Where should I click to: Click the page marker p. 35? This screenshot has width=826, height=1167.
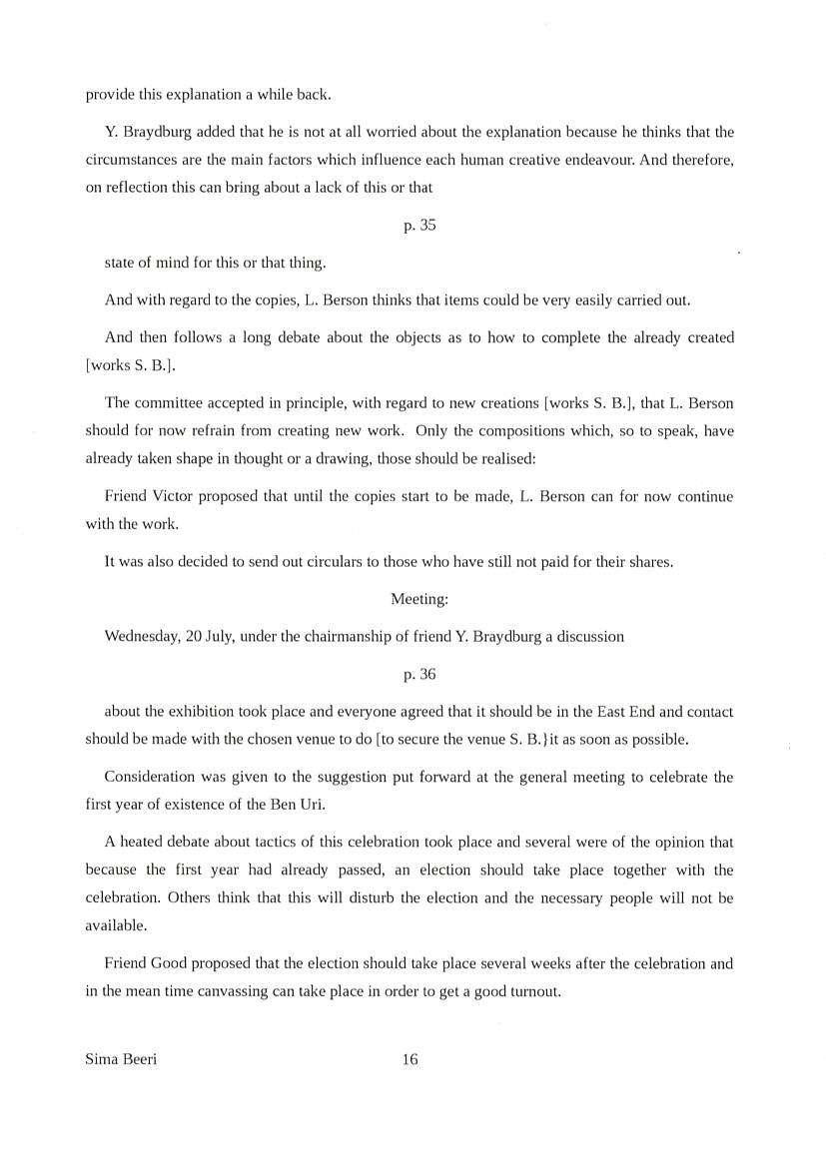[x=419, y=226]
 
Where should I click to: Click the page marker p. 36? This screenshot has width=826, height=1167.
[x=419, y=675]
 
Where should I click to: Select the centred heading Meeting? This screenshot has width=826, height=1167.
[x=419, y=599]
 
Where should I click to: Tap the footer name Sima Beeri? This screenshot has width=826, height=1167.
[x=122, y=1059]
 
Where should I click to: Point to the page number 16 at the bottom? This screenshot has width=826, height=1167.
[x=410, y=1059]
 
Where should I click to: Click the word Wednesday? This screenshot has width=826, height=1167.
[x=141, y=637]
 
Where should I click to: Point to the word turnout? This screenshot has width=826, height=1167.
[x=535, y=992]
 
